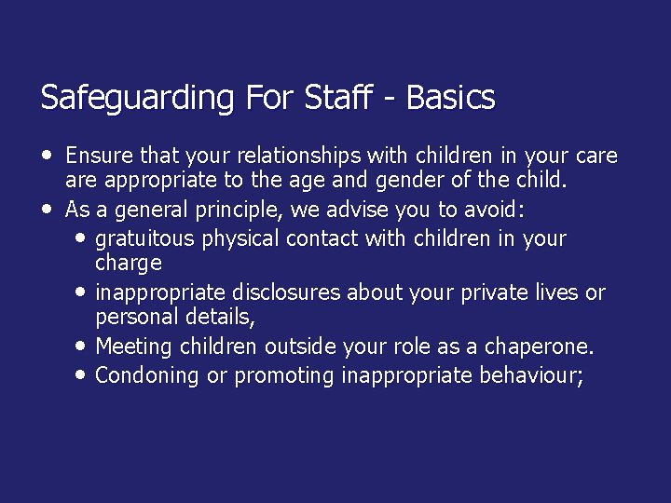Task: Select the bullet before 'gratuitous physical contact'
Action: [79, 236]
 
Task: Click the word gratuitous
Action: [144, 238]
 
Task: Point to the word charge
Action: [129, 264]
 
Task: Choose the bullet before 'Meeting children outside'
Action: [79, 345]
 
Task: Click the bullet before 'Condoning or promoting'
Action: [79, 373]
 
